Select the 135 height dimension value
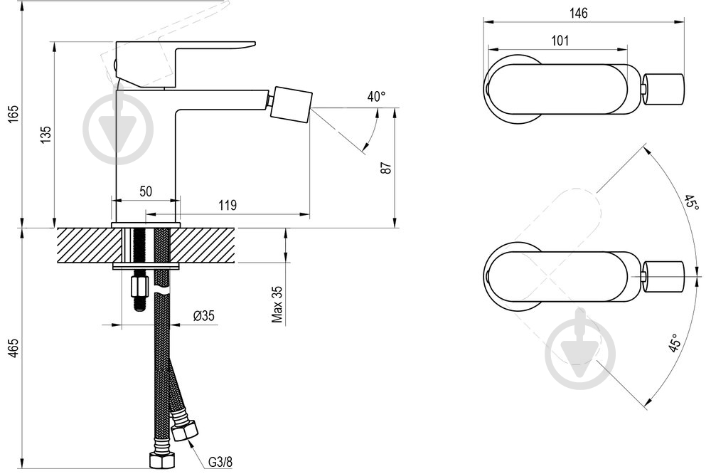tap(46, 135)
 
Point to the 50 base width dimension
tap(146, 191)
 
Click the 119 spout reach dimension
tap(228, 206)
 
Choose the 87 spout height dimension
tap(386, 167)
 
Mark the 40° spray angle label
tap(376, 97)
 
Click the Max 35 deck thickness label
tap(277, 304)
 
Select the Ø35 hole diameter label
tap(204, 315)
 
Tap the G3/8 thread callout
tap(220, 462)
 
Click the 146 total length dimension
tap(578, 13)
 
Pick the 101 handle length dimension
tap(560, 41)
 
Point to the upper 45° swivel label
tap(692, 203)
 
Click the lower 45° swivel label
tap(674, 343)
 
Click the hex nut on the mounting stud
tap(139, 287)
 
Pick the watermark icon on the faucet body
tap(118, 129)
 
